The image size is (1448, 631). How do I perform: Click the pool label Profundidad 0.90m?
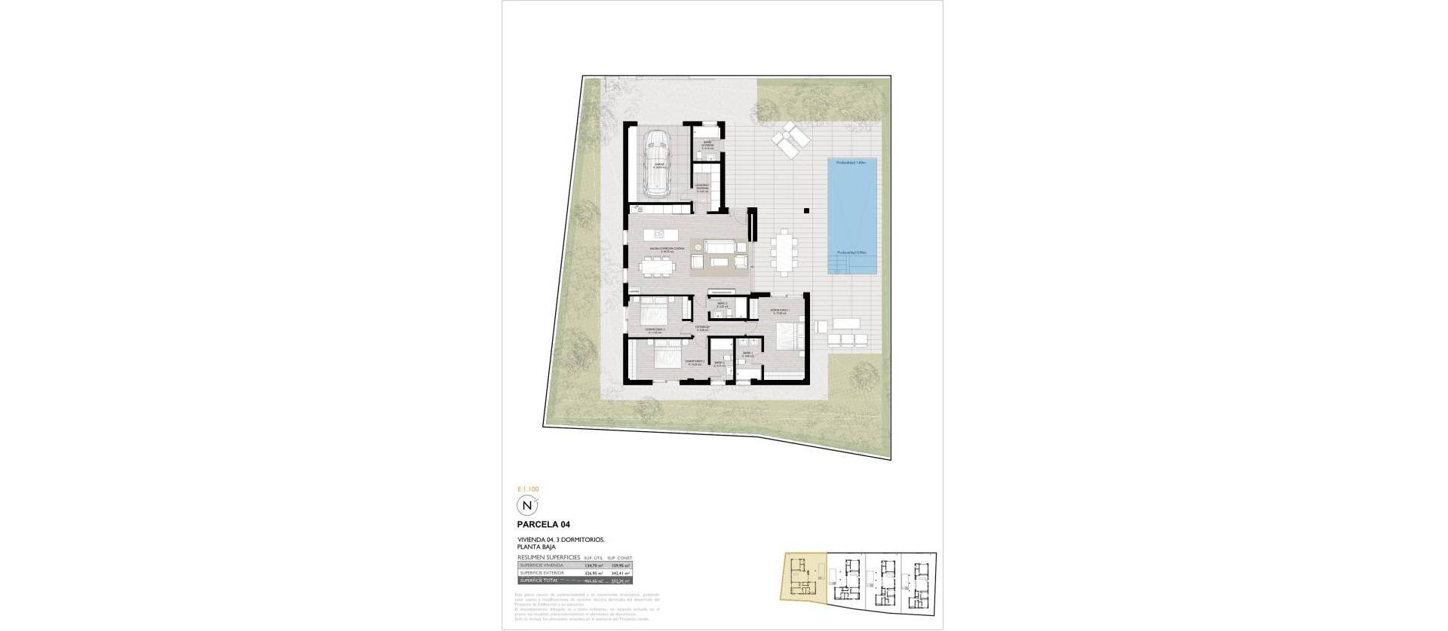[x=852, y=253]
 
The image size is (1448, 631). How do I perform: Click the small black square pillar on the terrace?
[x=806, y=211]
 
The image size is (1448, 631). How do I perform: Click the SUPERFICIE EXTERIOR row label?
[x=538, y=572]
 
